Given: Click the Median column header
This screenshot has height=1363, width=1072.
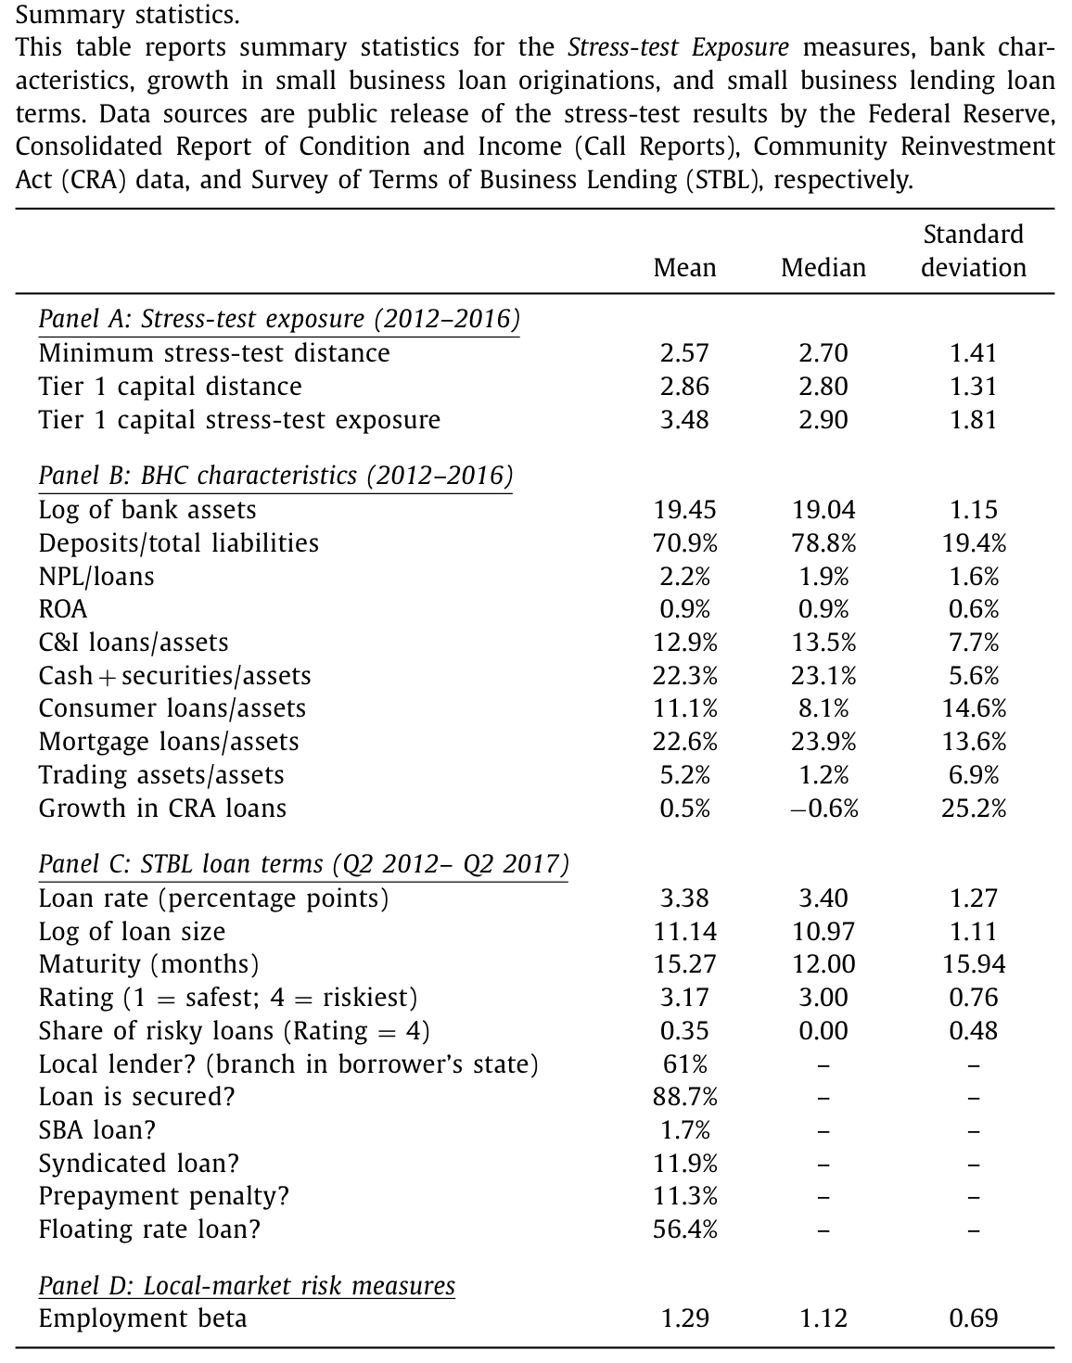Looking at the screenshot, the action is click(x=823, y=268).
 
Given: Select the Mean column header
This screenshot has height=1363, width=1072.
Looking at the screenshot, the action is click(x=685, y=268).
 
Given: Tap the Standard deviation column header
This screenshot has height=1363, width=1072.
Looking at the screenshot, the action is click(x=974, y=251).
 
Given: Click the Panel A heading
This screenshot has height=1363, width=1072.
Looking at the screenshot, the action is click(x=279, y=319).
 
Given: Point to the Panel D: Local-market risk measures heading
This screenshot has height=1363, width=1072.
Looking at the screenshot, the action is click(x=247, y=1286).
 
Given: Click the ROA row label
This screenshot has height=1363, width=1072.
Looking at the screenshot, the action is click(x=63, y=609).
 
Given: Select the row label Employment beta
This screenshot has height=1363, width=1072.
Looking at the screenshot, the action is click(x=143, y=1319).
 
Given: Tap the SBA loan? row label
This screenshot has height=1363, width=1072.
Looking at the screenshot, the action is click(x=97, y=1130).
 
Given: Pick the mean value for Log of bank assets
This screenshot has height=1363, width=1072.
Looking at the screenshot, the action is click(x=685, y=510).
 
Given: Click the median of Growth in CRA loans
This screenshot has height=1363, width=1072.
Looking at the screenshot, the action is click(x=823, y=809).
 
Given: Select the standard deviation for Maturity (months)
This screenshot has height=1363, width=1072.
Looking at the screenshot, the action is click(x=974, y=964).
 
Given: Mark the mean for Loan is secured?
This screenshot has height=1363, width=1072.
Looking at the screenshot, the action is click(x=685, y=1097).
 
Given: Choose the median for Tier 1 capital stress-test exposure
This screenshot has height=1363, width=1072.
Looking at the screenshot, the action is click(x=823, y=420).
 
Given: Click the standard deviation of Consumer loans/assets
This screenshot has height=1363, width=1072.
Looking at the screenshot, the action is click(x=974, y=708).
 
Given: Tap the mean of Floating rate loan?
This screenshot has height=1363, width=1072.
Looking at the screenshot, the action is click(x=685, y=1229).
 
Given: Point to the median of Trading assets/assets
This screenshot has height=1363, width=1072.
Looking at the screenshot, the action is click(x=823, y=775).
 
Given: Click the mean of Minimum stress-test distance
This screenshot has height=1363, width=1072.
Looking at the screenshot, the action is click(x=685, y=353).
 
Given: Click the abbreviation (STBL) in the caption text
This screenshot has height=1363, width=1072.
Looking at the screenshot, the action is click(x=723, y=181).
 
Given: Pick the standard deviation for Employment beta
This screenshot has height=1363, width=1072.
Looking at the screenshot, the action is click(x=974, y=1319).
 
